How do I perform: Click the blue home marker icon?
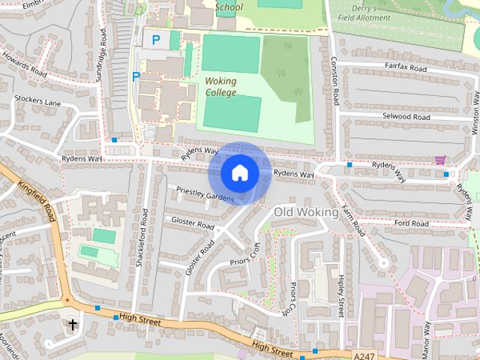[x=239, y=173]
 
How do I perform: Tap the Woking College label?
[x=220, y=86]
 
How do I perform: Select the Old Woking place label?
[x=305, y=212]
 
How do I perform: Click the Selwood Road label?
[x=406, y=117]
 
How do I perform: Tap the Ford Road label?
[x=410, y=223]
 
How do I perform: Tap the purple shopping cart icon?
[x=439, y=160]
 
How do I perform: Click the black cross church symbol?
[x=73, y=324]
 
